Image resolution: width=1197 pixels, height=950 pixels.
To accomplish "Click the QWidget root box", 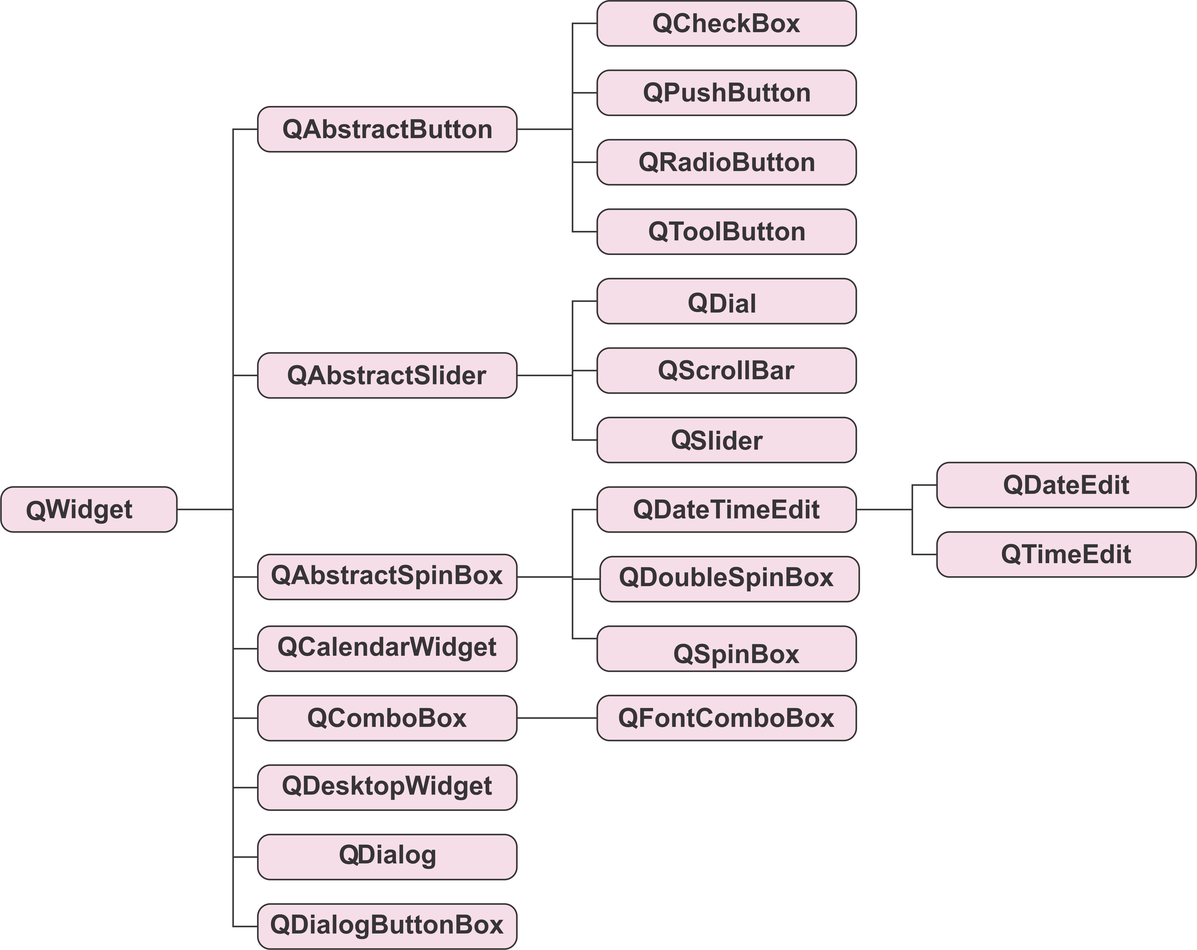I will pos(89,509).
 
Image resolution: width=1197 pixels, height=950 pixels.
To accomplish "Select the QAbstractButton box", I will pos(387,129).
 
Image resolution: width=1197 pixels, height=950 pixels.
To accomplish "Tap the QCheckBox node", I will pos(726,23).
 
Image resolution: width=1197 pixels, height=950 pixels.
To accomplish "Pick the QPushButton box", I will pos(726,93).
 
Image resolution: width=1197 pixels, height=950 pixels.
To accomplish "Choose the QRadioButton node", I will pos(726,162).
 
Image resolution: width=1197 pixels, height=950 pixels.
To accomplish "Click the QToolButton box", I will pos(726,231).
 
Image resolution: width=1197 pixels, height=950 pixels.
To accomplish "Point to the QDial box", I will pos(726,302).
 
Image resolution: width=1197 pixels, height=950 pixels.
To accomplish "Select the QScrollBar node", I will pos(726,370).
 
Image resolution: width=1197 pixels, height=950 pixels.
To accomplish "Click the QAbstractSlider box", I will pos(387,375).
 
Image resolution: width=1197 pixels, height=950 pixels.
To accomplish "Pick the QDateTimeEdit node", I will pos(726,510).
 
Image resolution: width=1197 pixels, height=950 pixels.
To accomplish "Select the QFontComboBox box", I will pos(726,718).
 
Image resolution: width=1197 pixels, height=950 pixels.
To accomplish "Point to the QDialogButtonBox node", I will pos(387,926).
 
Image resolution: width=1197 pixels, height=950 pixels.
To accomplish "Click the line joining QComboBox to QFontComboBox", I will pos(557,718).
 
